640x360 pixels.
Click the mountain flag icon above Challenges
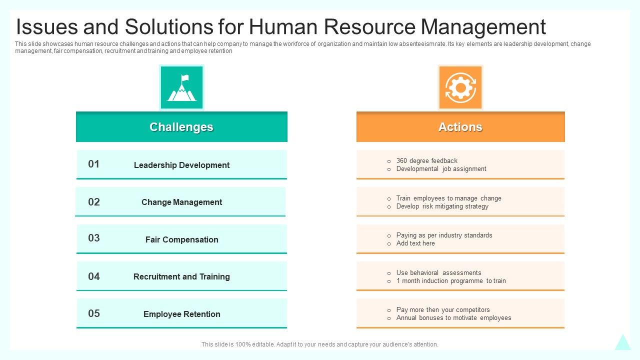[181, 87]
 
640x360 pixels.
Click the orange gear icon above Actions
[460, 87]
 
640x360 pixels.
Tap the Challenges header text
[181, 127]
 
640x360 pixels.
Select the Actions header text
[460, 127]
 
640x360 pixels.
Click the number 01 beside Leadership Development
[93, 164]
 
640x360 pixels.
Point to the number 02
[93, 202]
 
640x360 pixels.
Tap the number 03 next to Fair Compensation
[93, 238]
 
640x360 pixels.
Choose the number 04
[93, 276]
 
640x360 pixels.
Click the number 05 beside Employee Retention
[93, 313]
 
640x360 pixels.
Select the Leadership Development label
[181, 165]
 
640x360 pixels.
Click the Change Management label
[181, 202]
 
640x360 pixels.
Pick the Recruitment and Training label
[181, 276]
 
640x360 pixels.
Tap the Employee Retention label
[181, 314]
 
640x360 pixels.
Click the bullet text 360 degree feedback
[427, 161]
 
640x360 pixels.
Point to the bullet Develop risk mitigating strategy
[442, 206]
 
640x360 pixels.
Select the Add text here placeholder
[415, 243]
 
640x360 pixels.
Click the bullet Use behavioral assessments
[438, 272]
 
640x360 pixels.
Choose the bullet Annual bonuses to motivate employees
[453, 317]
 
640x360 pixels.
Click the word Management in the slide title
[483, 27]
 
